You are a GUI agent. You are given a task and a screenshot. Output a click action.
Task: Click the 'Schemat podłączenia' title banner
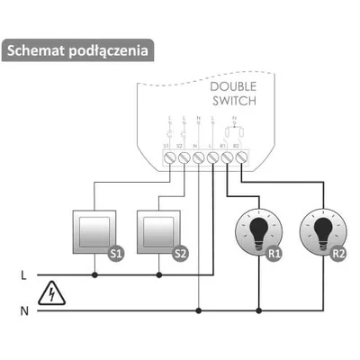pos(76,50)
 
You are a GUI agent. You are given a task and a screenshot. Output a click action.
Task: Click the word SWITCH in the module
pos(234,102)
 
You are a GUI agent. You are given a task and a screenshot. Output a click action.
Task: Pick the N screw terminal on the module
pos(197,157)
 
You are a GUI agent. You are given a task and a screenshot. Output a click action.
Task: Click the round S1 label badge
pos(114,255)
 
